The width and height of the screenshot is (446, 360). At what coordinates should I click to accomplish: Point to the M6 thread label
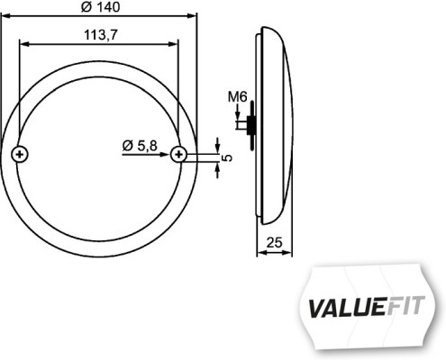click(x=238, y=96)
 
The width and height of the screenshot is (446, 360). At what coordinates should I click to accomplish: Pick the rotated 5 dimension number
click(x=227, y=157)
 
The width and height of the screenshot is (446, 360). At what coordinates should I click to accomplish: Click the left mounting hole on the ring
click(x=22, y=155)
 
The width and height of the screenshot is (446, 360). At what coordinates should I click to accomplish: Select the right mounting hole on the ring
click(x=180, y=155)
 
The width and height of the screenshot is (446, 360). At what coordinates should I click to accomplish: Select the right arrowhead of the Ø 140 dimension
click(x=192, y=16)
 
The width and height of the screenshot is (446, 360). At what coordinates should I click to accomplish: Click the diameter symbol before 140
click(x=86, y=7)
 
